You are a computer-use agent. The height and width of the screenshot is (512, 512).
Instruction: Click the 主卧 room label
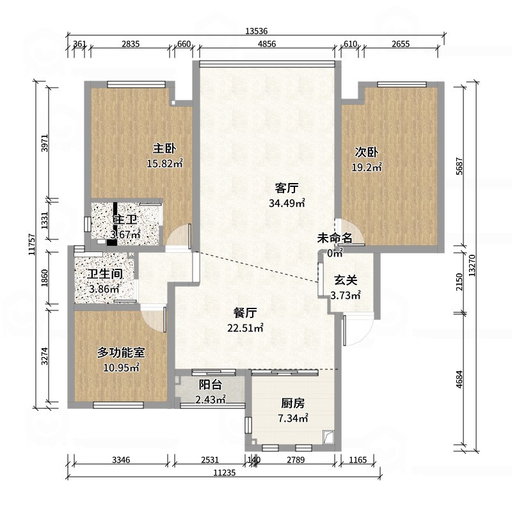pyautogui.click(x=164, y=148)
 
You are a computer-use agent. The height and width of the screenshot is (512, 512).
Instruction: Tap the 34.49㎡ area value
pyautogui.click(x=287, y=203)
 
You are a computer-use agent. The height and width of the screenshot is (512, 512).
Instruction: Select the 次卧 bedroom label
pyautogui.click(x=366, y=152)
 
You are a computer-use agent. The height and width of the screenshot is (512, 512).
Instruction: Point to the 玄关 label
pyautogui.click(x=346, y=280)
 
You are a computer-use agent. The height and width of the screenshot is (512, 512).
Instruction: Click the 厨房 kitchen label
pyautogui.click(x=293, y=403)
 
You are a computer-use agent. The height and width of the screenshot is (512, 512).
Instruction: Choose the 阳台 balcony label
pyautogui.click(x=211, y=385)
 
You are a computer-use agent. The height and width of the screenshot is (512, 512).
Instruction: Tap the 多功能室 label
pyautogui.click(x=121, y=353)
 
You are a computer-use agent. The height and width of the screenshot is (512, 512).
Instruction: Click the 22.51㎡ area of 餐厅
pyautogui.click(x=245, y=328)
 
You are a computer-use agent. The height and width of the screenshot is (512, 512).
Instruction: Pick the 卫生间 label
pyautogui.click(x=105, y=274)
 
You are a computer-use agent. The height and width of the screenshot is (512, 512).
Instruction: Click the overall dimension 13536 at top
pyautogui.click(x=257, y=31)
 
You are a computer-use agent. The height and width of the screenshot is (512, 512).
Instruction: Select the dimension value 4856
pyautogui.click(x=267, y=44)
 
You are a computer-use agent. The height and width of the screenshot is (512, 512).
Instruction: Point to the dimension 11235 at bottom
pyautogui.click(x=225, y=472)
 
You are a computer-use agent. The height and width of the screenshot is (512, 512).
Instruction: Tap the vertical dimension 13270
pyautogui.click(x=472, y=265)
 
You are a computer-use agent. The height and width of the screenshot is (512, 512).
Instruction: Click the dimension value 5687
pyautogui.click(x=459, y=166)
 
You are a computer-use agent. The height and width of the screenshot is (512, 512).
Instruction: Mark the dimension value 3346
pyautogui.click(x=121, y=460)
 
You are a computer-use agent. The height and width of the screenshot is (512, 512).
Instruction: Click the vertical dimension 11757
pyautogui.click(x=31, y=244)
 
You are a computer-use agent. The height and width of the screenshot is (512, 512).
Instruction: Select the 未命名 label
pyautogui.click(x=334, y=238)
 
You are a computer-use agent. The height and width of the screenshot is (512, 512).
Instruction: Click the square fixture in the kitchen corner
pyautogui.click(x=328, y=437)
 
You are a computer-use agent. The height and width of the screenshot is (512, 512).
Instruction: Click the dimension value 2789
pyautogui.click(x=296, y=460)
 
